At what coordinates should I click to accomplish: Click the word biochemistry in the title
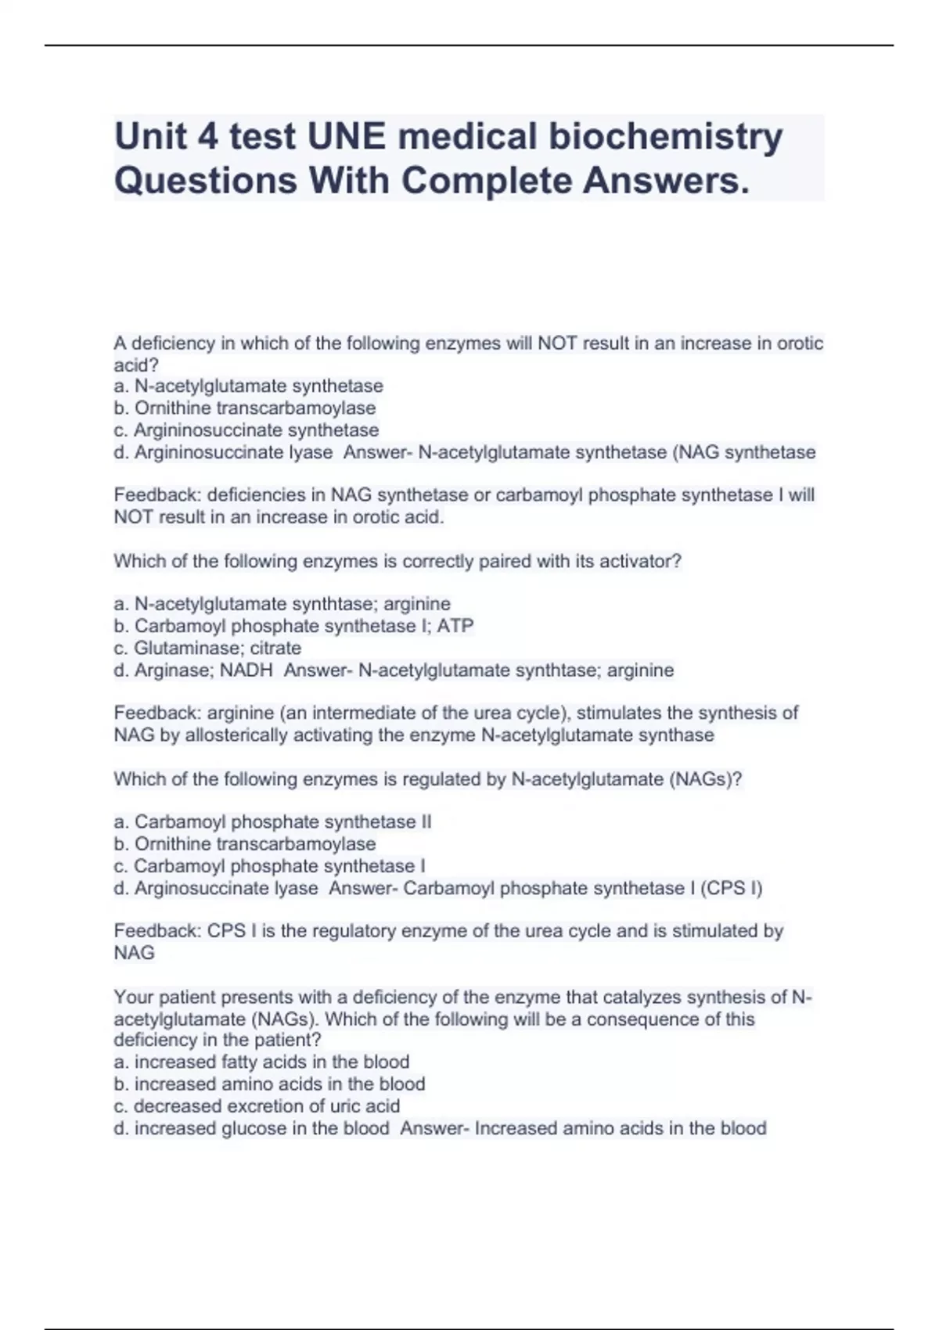click(665, 137)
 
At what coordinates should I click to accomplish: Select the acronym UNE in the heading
click(347, 137)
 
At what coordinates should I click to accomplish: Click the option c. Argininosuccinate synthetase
click(246, 430)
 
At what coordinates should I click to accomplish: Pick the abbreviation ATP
click(455, 626)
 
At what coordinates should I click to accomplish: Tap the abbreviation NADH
click(246, 670)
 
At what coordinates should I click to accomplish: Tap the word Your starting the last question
click(133, 997)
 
